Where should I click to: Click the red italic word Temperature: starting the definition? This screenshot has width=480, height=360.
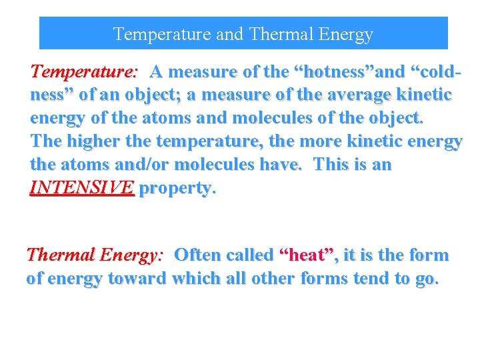tap(84, 71)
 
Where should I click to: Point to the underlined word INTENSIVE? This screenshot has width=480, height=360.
tap(82, 188)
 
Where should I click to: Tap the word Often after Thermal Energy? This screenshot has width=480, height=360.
tap(198, 255)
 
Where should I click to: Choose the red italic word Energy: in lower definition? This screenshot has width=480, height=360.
tap(131, 255)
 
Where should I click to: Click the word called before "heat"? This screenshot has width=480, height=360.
tap(250, 255)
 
